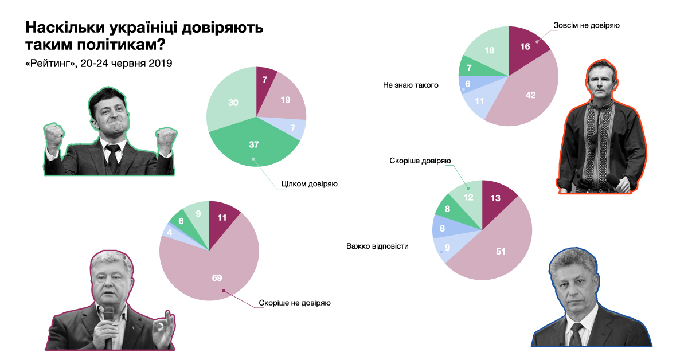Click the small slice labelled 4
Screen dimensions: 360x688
click(x=170, y=232)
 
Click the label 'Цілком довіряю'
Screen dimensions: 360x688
click(x=308, y=185)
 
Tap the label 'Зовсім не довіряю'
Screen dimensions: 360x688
click(x=586, y=25)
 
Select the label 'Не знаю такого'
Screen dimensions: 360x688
click(x=411, y=85)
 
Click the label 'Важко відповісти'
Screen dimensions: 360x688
click(x=377, y=247)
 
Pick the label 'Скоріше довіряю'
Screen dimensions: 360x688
click(x=420, y=161)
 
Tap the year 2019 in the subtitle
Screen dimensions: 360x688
click(x=160, y=63)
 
